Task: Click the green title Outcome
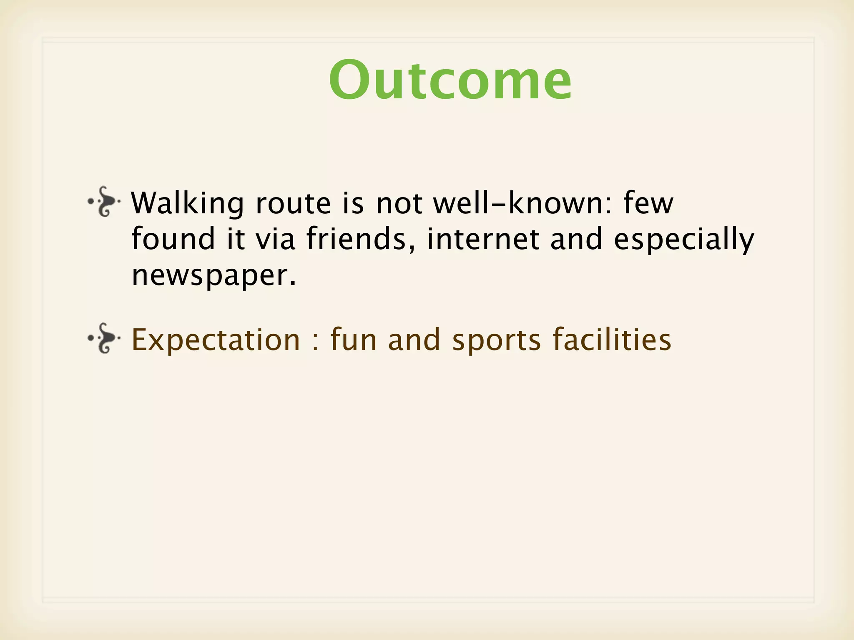coord(450,80)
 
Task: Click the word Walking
coord(187,204)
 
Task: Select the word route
coord(293,204)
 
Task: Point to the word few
coord(648,203)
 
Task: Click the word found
coord(173,239)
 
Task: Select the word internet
coord(483,239)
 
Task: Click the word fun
coord(354,340)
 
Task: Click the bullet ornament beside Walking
coord(104,202)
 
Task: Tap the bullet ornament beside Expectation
coord(104,338)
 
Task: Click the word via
coord(275,239)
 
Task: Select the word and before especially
coord(576,239)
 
